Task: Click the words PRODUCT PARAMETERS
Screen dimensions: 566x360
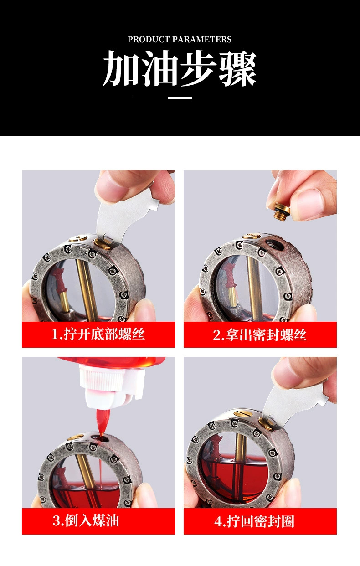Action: (180, 40)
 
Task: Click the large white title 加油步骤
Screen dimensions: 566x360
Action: (180, 69)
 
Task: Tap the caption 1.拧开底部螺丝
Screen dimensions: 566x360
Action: (98, 334)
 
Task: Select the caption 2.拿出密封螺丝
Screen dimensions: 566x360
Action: (260, 335)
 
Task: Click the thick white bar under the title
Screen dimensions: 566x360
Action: (180, 98)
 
